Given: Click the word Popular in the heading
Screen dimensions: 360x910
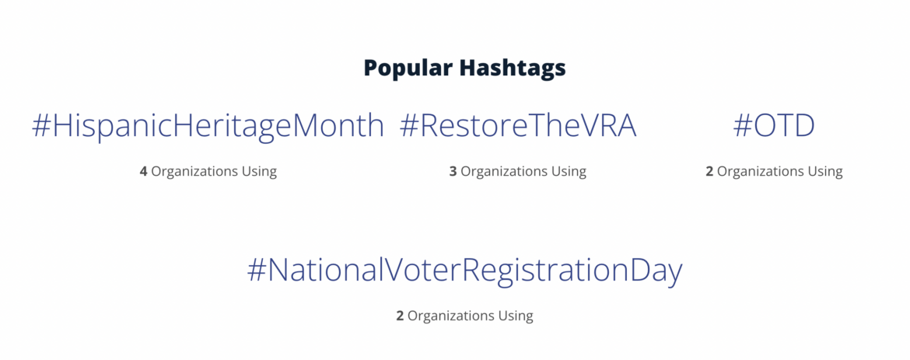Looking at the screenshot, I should coord(407,68).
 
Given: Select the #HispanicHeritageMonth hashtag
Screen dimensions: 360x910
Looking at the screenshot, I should coord(208,126).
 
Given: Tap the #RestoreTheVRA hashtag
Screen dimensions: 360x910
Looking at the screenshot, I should coord(518,126).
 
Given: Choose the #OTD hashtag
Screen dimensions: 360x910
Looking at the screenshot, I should coord(774,126).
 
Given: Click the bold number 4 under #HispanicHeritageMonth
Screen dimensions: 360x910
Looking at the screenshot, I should coord(143,171).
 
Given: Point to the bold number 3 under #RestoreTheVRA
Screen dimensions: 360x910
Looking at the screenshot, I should coord(453,171).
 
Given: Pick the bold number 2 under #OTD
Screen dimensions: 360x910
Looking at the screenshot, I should coord(709,171).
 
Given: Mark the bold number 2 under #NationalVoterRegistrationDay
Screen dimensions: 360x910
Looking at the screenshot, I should coord(400,316).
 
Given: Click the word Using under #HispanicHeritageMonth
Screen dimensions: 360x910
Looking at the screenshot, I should coord(259,171).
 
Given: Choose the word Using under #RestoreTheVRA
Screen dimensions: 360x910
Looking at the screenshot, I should coord(569,171).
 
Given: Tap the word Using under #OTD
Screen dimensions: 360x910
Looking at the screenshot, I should coord(825,171).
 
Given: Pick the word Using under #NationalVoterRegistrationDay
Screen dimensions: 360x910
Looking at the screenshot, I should coord(516,316).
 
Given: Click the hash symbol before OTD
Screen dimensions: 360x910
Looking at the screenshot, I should coord(743,126).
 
